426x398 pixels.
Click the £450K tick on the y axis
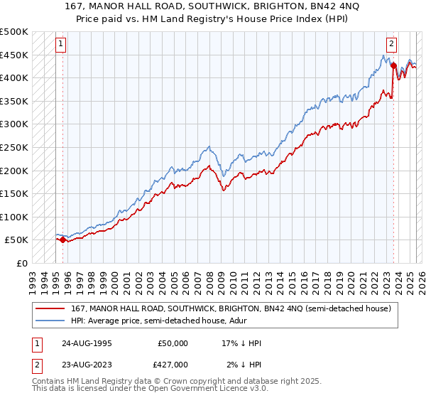tap(15, 55)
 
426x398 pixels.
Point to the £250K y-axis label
tap(15, 147)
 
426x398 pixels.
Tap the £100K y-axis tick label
tap(15, 217)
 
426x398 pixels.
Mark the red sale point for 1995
tap(62, 240)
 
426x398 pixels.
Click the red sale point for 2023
tap(393, 65)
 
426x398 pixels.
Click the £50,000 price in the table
tap(173, 343)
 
